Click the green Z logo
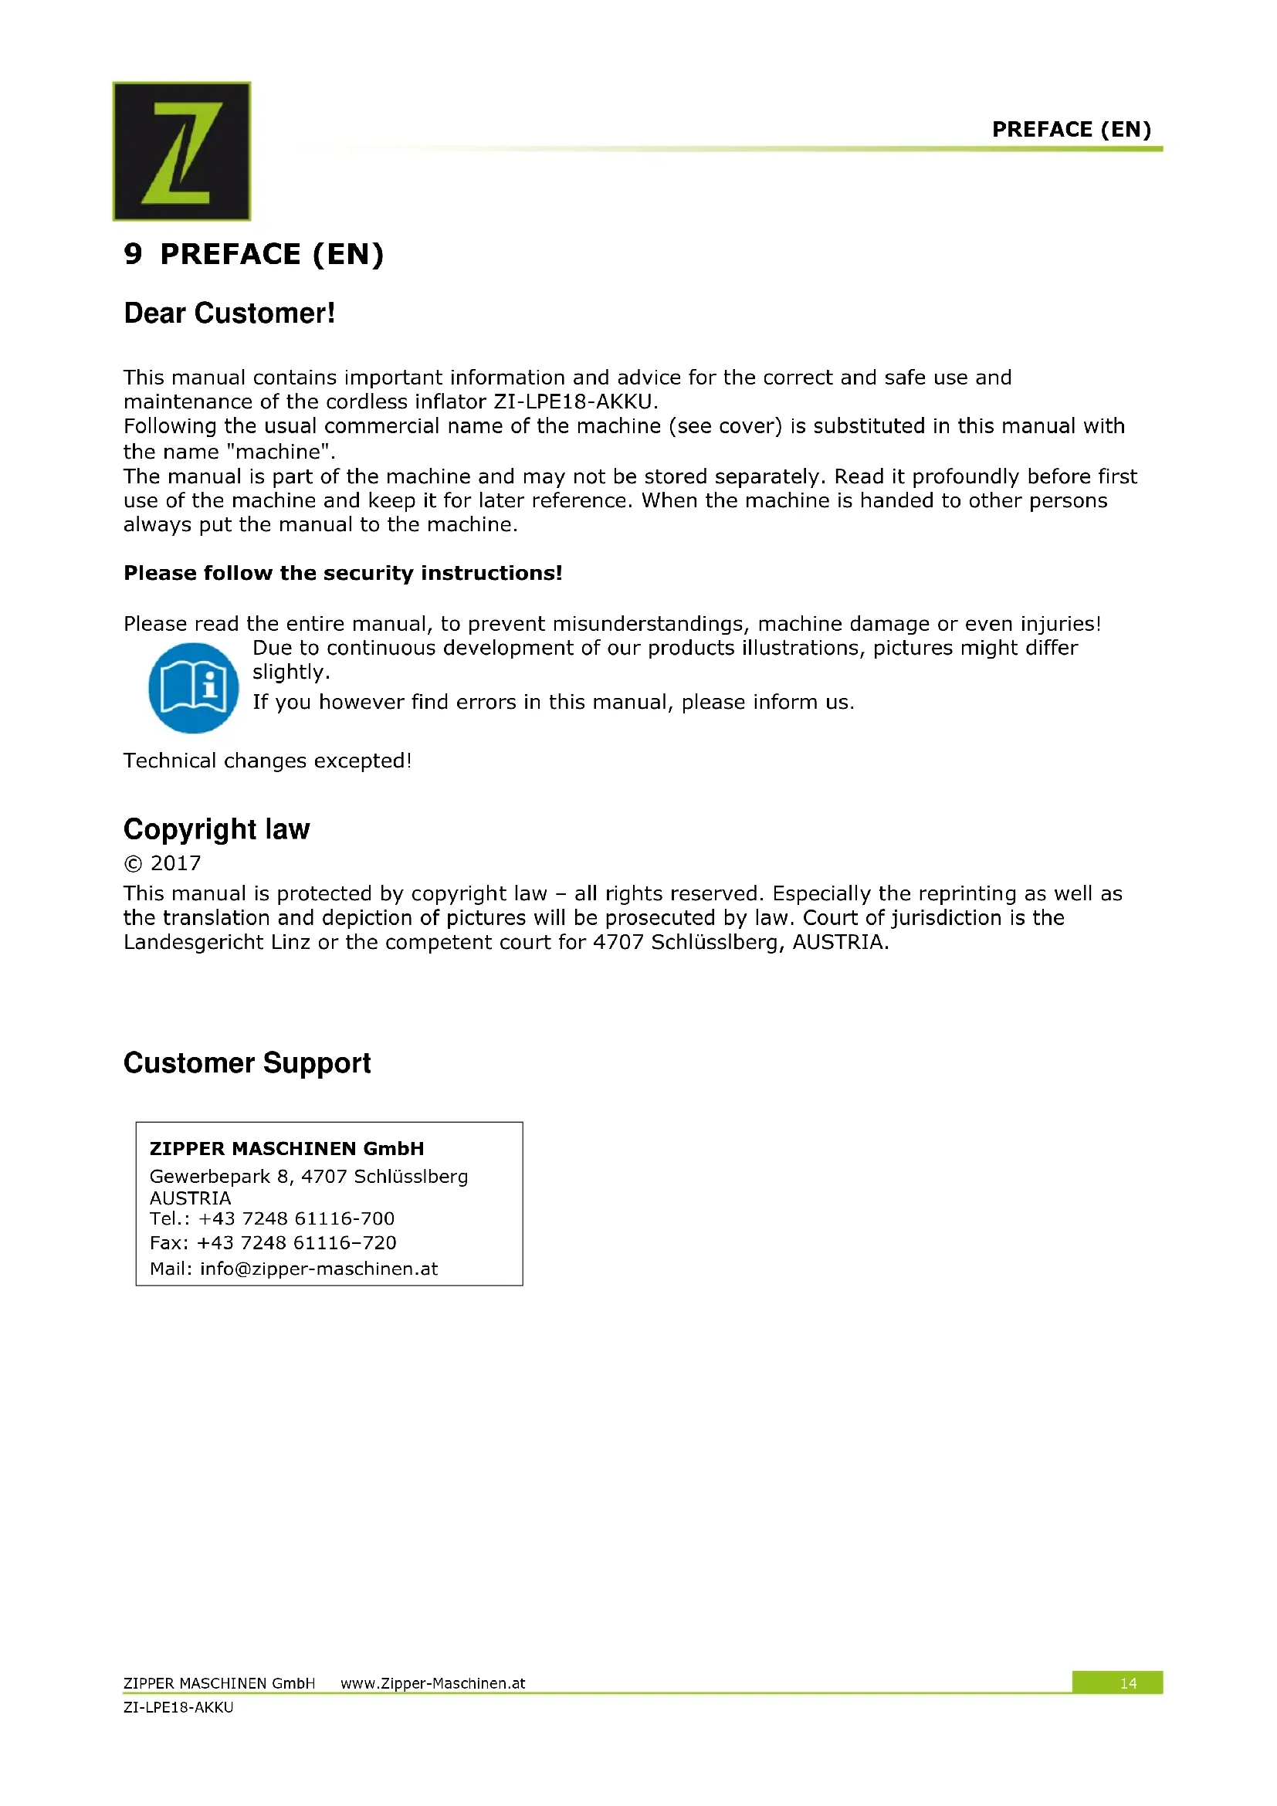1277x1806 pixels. (x=181, y=151)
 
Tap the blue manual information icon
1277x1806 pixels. (x=194, y=688)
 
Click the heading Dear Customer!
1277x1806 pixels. (x=229, y=313)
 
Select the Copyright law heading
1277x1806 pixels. (x=217, y=829)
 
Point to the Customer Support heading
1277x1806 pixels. (x=247, y=1062)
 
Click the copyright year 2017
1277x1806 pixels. (x=175, y=864)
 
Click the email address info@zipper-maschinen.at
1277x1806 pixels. (x=318, y=1269)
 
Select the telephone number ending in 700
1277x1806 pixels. (x=296, y=1218)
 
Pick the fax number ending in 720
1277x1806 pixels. (x=296, y=1243)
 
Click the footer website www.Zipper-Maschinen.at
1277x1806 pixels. (x=432, y=1683)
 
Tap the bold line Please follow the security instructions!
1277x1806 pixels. (x=343, y=573)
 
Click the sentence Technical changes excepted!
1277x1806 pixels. (x=267, y=761)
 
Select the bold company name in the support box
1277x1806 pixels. (x=287, y=1148)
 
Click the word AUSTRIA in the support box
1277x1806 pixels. (x=190, y=1198)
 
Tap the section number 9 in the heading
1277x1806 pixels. (x=133, y=254)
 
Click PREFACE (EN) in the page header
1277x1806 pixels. (x=1071, y=129)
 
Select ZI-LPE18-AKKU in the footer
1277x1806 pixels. (x=178, y=1708)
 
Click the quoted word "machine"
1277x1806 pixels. (x=281, y=452)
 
